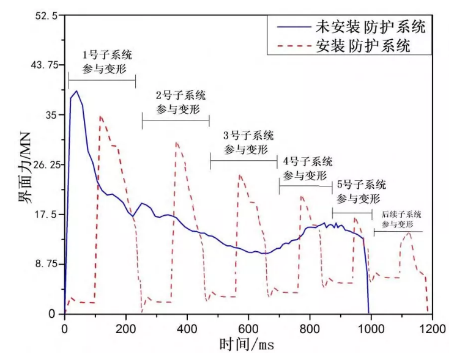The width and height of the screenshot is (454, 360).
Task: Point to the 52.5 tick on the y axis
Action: [x=47, y=16]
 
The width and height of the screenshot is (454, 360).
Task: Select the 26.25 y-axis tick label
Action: [x=43, y=165]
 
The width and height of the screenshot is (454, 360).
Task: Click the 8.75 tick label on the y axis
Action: [x=46, y=264]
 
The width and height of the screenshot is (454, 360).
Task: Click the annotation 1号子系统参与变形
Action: [x=107, y=61]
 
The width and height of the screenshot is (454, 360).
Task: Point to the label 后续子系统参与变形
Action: [x=401, y=219]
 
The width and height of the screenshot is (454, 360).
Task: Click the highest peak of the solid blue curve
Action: [x=76, y=92]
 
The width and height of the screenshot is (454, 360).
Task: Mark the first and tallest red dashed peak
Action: [x=100, y=116]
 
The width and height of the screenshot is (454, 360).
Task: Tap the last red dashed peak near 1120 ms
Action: [x=408, y=233]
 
